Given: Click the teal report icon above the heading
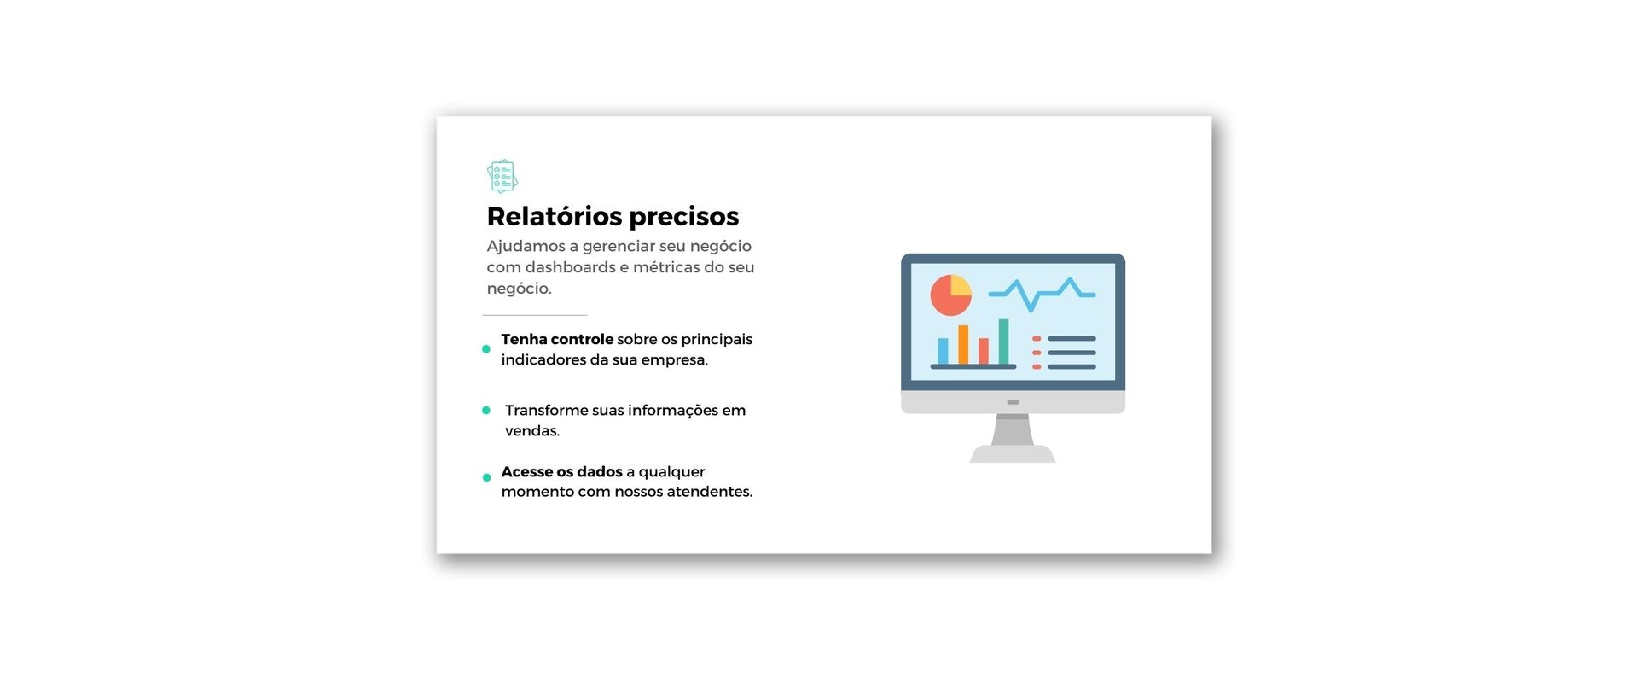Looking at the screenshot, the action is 502,176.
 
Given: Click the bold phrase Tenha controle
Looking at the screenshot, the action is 557,339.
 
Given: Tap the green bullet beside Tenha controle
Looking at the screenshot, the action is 486,349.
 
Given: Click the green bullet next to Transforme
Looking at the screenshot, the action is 486,411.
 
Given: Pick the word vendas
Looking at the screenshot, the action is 532,431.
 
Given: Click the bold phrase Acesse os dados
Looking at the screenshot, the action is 562,471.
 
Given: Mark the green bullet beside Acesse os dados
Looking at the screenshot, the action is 487,478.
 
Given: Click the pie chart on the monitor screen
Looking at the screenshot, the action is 950,295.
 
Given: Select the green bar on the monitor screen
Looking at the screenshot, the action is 1004,341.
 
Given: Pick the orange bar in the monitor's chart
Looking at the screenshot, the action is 963,345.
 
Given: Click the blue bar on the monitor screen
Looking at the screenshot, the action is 943,351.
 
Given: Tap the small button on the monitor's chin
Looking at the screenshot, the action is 1013,402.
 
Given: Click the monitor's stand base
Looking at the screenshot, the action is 1013,454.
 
